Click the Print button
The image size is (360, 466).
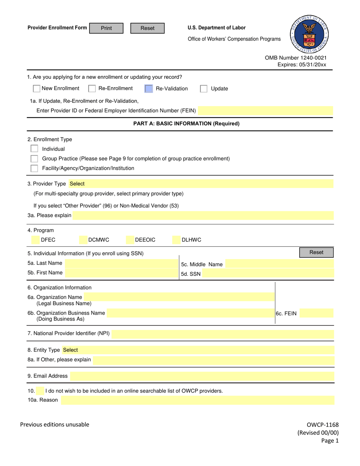[x=106, y=28]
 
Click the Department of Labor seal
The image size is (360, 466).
[x=310, y=35]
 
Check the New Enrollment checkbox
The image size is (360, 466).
[x=37, y=89]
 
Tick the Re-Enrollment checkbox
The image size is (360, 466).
[x=92, y=89]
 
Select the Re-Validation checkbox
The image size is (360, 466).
[x=149, y=89]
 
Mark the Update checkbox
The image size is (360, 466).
[x=204, y=89]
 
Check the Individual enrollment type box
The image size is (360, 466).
[x=34, y=149]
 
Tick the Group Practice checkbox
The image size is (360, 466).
[x=34, y=159]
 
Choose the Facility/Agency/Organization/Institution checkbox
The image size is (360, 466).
[x=34, y=168]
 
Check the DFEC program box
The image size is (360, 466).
[x=35, y=240]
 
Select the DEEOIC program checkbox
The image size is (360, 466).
[x=130, y=240]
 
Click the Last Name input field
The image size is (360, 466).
[x=120, y=263]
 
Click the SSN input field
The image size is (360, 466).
[x=268, y=274]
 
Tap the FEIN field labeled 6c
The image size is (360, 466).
[x=316, y=313]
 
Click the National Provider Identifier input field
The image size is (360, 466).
[x=223, y=334]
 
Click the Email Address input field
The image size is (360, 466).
[x=202, y=376]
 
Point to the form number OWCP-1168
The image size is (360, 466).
[x=322, y=425]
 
